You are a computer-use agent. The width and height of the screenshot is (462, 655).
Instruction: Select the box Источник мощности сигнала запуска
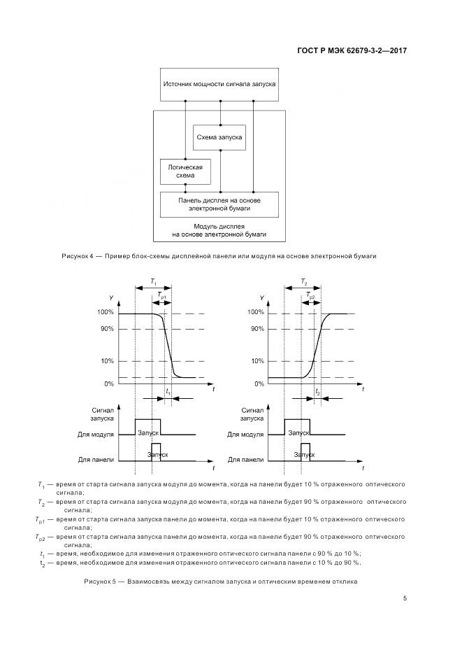(x=219, y=84)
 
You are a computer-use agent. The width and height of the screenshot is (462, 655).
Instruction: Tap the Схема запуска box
(x=219, y=137)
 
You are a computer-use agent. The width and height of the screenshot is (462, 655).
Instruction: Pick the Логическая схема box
(x=185, y=171)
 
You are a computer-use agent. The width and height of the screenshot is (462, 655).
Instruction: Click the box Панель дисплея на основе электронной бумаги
(x=219, y=204)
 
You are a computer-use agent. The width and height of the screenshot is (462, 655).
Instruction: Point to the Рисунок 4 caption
(x=219, y=256)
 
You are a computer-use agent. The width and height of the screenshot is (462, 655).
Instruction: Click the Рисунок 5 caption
(x=221, y=582)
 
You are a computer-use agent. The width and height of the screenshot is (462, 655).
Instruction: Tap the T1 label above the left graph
(x=153, y=282)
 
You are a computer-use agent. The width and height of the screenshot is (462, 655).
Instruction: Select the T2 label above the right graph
(x=303, y=282)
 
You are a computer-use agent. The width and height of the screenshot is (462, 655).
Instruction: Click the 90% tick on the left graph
(x=106, y=329)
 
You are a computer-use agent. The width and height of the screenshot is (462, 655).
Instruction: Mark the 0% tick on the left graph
(x=108, y=383)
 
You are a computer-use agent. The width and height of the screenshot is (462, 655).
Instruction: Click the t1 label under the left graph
(x=168, y=393)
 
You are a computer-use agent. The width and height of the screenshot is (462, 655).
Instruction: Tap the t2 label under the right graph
(x=317, y=393)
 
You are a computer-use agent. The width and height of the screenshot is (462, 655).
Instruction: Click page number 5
(x=405, y=598)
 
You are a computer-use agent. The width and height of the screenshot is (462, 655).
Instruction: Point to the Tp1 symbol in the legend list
(x=40, y=520)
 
